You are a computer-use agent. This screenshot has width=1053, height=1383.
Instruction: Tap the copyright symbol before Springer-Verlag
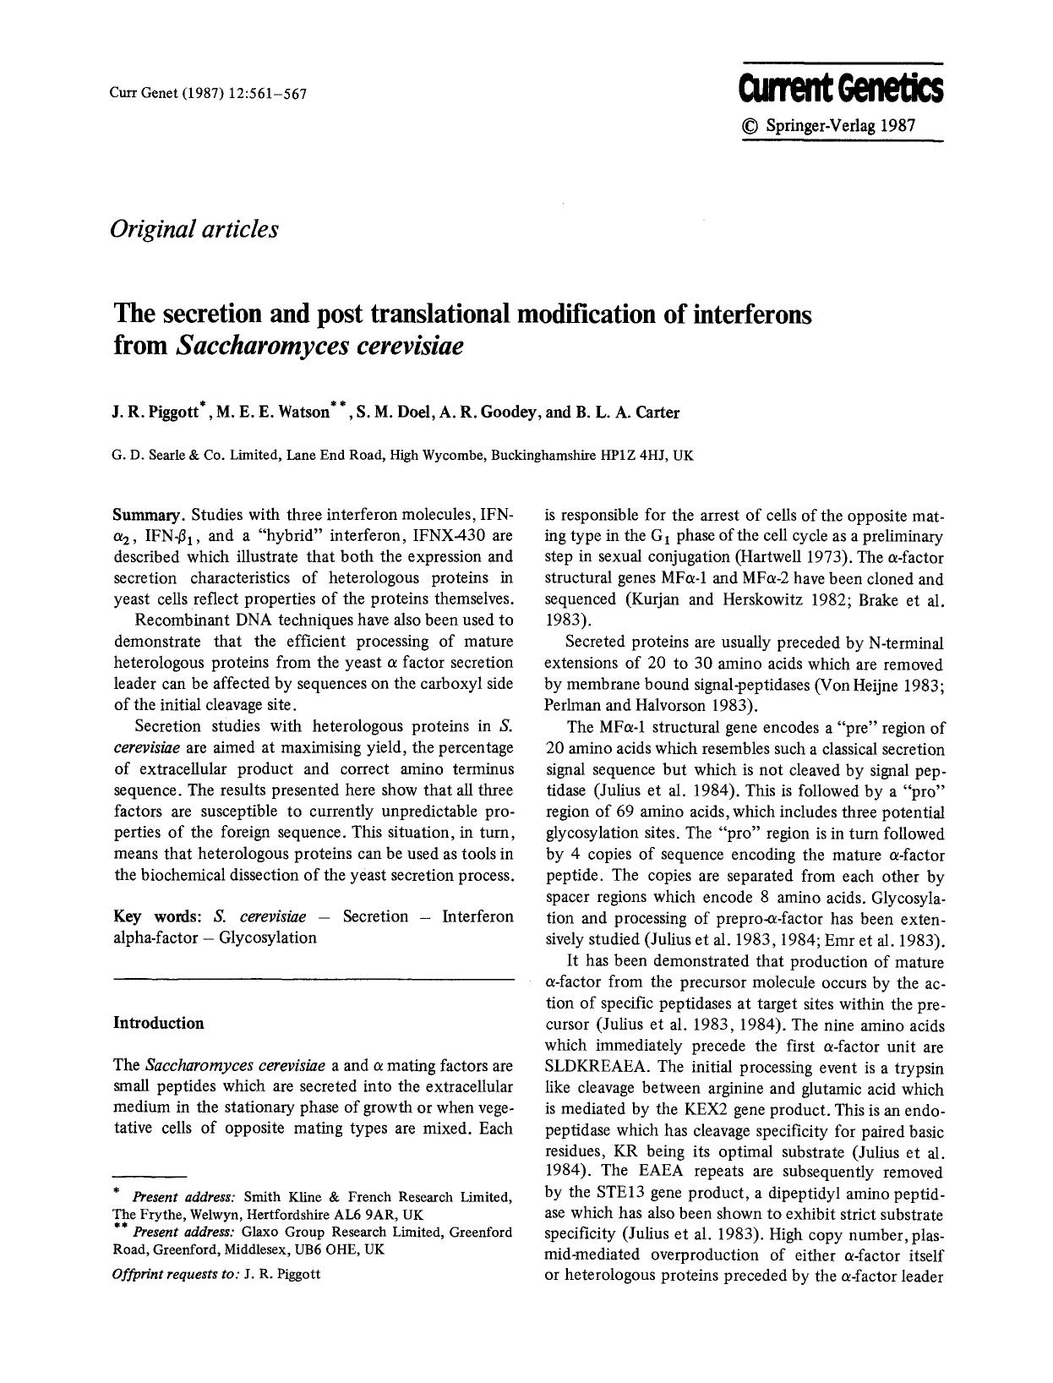tap(750, 125)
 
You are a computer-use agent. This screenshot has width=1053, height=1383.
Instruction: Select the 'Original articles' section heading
tap(194, 228)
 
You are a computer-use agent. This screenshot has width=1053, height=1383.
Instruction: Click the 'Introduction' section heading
tap(159, 1023)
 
